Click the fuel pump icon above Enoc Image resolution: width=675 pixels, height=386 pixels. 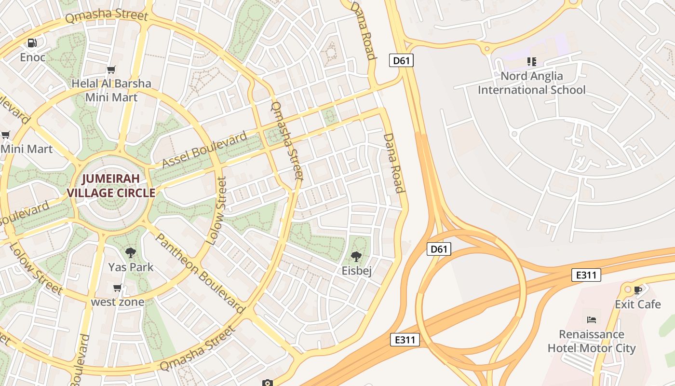pyautogui.click(x=32, y=43)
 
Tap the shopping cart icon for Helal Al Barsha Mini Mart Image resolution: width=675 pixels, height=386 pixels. pyautogui.click(x=111, y=69)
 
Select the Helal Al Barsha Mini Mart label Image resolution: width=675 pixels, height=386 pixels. pyautogui.click(x=111, y=90)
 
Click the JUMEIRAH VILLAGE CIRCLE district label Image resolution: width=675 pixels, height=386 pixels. pyautogui.click(x=111, y=186)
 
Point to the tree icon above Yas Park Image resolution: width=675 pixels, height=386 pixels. pyautogui.click(x=130, y=252)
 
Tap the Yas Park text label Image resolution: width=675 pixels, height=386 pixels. pyautogui.click(x=131, y=267)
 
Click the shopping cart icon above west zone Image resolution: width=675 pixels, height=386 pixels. pyautogui.click(x=117, y=288)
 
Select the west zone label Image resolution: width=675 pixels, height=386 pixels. pyautogui.click(x=118, y=302)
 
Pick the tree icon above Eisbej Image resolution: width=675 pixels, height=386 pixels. pyautogui.click(x=356, y=256)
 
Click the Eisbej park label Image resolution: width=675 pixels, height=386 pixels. pyautogui.click(x=357, y=271)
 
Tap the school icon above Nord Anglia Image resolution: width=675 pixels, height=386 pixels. pyautogui.click(x=531, y=62)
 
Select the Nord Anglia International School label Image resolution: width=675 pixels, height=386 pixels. pyautogui.click(x=531, y=83)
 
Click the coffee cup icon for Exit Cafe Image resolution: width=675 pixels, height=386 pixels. pyautogui.click(x=638, y=290)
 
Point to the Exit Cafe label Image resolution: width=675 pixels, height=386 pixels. pyautogui.click(x=637, y=304)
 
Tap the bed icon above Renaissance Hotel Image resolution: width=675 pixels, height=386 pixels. pyautogui.click(x=592, y=319)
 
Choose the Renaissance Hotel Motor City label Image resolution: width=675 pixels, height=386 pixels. pyautogui.click(x=592, y=341)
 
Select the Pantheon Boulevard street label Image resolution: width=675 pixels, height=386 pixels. pyautogui.click(x=200, y=274)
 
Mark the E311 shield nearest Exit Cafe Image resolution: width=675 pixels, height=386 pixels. pyautogui.click(x=586, y=275)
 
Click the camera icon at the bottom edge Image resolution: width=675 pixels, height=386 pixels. pyautogui.click(x=268, y=383)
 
